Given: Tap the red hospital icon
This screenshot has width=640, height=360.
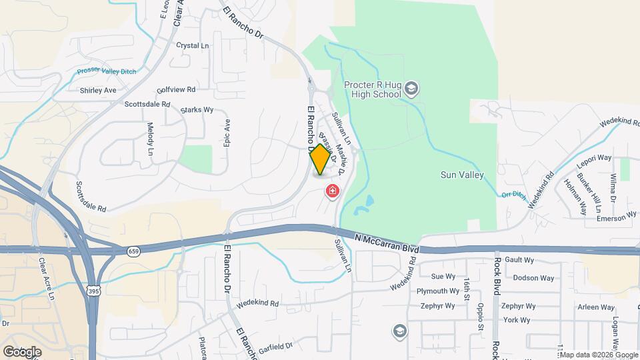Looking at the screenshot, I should pyautogui.click(x=332, y=192).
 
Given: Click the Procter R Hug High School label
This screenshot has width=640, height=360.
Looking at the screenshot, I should pyautogui.click(x=373, y=89).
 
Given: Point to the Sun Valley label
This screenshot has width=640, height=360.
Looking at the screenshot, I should pyautogui.click(x=462, y=175).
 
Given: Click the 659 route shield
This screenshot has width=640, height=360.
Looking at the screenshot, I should pyautogui.click(x=133, y=251).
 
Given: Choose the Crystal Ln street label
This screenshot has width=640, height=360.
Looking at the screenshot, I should pyautogui.click(x=193, y=46).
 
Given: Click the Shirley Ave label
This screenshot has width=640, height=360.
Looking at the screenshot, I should pyautogui.click(x=98, y=90).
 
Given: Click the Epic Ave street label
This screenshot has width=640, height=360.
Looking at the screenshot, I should pyautogui.click(x=227, y=133).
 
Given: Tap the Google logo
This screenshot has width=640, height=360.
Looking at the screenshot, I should pyautogui.click(x=21, y=351).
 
